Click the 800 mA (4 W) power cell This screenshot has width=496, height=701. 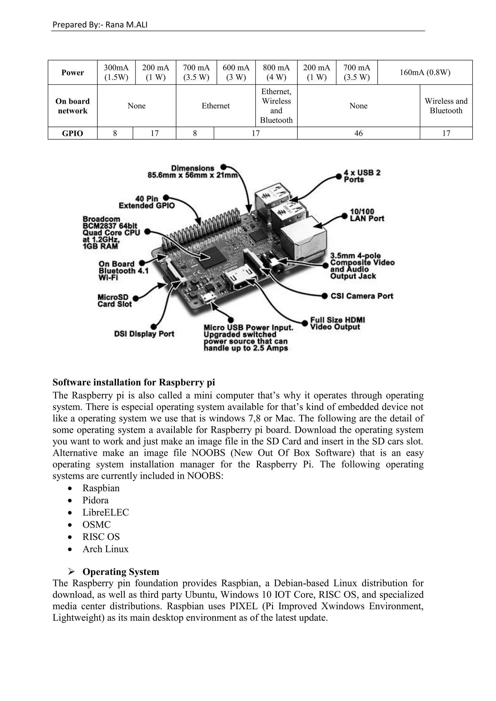click(x=276, y=72)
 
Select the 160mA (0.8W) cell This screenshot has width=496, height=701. click(x=425, y=72)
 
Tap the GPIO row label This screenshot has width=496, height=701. click(x=72, y=133)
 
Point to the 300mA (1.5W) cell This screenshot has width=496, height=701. click(x=116, y=72)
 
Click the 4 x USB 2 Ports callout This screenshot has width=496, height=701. click(x=362, y=176)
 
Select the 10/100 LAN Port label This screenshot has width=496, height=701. click(x=366, y=215)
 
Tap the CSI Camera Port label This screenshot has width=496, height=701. click(x=362, y=296)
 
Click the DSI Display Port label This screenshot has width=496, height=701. click(x=144, y=334)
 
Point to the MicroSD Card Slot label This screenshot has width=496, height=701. click(x=115, y=301)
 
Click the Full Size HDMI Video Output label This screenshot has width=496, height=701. click(x=337, y=323)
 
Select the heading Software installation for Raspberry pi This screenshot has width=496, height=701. click(x=134, y=382)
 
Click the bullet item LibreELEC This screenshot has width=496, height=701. click(x=106, y=512)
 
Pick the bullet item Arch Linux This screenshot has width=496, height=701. click(x=105, y=549)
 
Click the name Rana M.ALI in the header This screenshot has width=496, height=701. click(x=126, y=25)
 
